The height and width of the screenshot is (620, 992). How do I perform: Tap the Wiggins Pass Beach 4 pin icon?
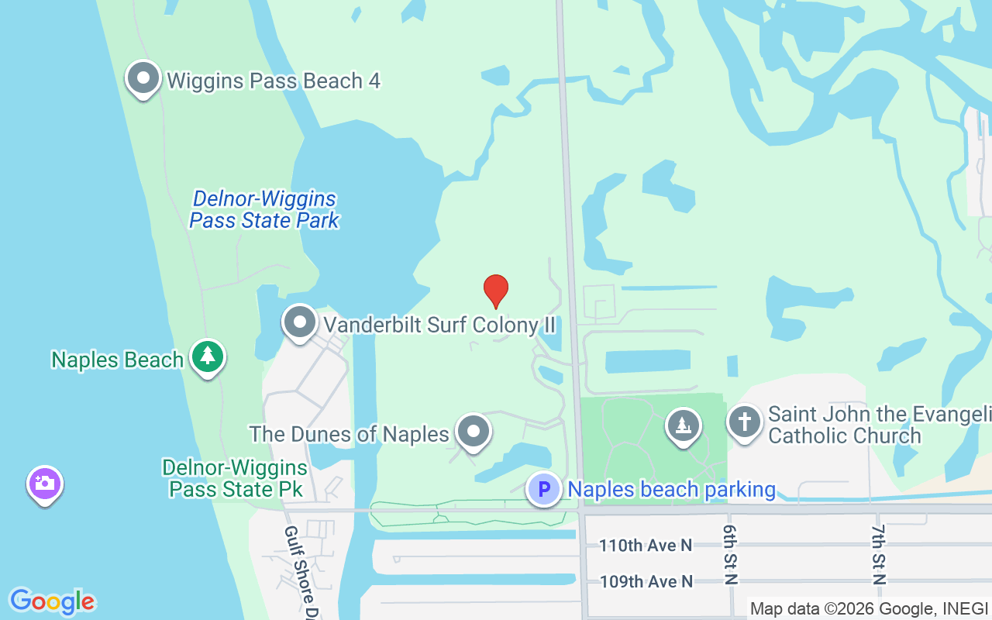point(143,79)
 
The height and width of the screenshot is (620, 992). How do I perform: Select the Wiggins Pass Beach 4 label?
point(273,81)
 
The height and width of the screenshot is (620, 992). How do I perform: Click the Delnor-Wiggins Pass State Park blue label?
point(264,210)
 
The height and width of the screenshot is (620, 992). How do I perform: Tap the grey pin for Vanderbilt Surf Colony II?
point(299,322)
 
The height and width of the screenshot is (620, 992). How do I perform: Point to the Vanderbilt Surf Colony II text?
point(439,325)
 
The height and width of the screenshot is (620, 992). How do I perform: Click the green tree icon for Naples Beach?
point(207,357)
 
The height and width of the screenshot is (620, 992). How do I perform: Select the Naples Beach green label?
point(117,360)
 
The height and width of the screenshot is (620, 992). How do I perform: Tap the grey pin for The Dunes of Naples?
point(473,432)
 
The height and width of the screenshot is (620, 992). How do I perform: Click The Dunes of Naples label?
point(349,434)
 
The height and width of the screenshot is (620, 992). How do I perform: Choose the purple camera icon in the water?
point(45,484)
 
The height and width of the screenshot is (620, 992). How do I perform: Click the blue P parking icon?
point(544,489)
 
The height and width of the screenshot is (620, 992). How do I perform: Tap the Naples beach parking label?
point(671,490)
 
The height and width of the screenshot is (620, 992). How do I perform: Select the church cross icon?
point(744,423)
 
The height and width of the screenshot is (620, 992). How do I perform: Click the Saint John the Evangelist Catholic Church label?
point(879,425)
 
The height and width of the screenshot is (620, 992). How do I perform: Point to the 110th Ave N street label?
point(645,546)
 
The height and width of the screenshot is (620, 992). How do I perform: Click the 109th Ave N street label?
point(645,581)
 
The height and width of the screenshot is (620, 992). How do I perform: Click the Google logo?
point(52,601)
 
